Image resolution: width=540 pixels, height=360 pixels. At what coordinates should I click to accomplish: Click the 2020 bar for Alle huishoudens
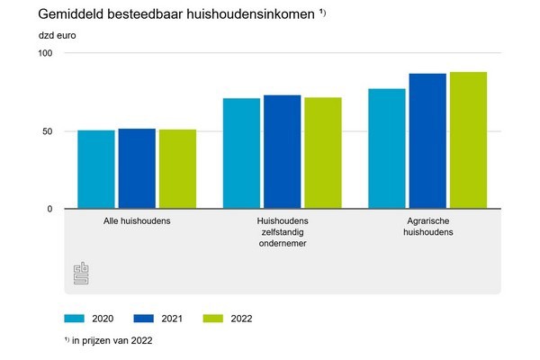[95, 170]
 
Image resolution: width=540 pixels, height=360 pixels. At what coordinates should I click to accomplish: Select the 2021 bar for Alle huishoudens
[137, 169]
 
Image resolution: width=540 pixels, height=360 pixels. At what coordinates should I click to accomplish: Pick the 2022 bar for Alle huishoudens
[177, 169]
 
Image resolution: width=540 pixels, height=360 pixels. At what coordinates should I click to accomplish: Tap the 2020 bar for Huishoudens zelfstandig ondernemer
[241, 154]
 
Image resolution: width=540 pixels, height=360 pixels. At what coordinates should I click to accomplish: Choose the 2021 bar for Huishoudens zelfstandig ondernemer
[282, 152]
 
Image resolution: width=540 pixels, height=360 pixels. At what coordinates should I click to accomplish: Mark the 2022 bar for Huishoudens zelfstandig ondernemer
[322, 153]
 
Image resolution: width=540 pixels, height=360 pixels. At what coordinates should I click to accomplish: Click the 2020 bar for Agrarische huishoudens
[387, 148]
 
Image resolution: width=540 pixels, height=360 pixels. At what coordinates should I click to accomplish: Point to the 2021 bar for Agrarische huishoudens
[427, 141]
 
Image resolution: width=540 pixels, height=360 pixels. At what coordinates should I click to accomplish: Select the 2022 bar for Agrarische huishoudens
[468, 140]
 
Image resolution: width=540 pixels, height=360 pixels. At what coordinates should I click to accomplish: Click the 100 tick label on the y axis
[45, 53]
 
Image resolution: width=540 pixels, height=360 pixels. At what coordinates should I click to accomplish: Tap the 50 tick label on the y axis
[48, 131]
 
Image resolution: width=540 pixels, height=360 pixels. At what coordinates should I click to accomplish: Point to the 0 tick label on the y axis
[50, 209]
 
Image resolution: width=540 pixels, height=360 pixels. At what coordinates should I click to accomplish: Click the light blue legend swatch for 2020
[75, 318]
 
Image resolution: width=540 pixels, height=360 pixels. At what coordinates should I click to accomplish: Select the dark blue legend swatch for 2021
[145, 318]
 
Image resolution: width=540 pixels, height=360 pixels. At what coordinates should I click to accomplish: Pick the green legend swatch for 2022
[214, 318]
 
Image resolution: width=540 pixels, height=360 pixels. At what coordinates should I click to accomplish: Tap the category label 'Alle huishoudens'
[137, 220]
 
